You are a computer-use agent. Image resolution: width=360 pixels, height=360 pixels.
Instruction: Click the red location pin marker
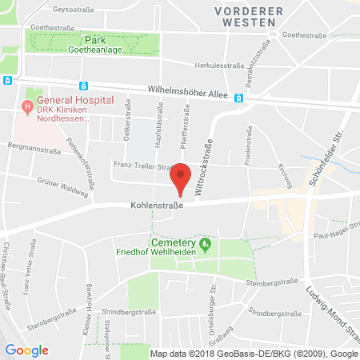[182, 178]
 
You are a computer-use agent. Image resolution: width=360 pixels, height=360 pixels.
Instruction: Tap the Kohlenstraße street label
[155, 205]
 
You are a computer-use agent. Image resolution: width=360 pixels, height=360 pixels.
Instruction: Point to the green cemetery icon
[205, 242]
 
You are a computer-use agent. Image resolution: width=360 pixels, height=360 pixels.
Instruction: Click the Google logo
[27, 350]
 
